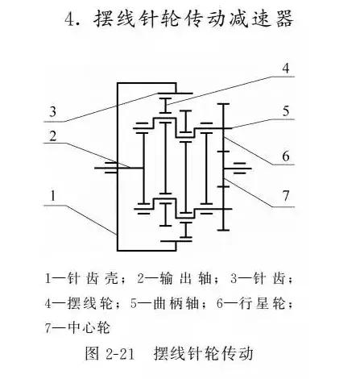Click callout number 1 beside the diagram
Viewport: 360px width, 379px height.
click(x=53, y=194)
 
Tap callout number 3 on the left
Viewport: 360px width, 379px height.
click(x=52, y=111)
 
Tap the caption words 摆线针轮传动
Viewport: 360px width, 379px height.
click(x=205, y=354)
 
